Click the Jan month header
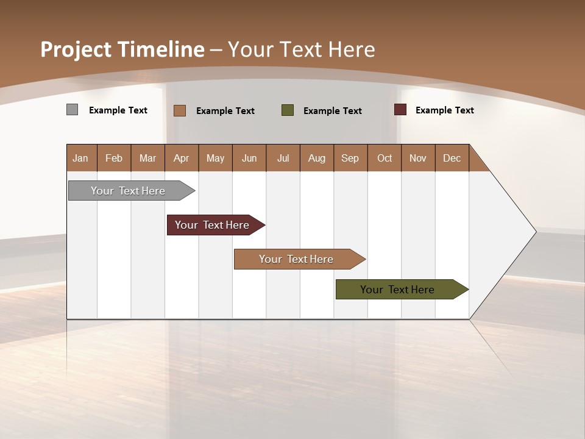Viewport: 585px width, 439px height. (x=81, y=158)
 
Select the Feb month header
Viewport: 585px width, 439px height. (x=114, y=158)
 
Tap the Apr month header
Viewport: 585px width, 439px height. (x=181, y=158)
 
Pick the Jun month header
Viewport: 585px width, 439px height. (x=249, y=158)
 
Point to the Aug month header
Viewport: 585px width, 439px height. (x=316, y=158)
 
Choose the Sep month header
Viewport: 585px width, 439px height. (x=350, y=158)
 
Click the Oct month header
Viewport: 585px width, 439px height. (x=385, y=158)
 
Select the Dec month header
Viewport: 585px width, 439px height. (x=452, y=158)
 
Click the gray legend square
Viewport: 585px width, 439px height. (x=72, y=110)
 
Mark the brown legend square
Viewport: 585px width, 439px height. (x=180, y=110)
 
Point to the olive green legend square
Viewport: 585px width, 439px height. (x=288, y=110)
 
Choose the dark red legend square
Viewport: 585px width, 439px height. (x=400, y=110)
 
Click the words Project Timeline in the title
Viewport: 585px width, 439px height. (x=122, y=49)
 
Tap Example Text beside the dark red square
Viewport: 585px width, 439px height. (x=444, y=110)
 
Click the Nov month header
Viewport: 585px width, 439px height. (x=417, y=158)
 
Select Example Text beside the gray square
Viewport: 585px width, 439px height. (x=118, y=110)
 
